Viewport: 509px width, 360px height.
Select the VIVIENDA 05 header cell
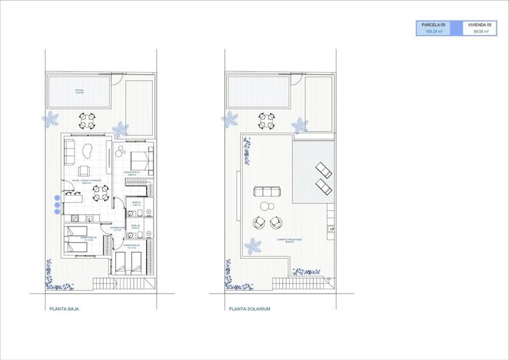tap(480, 24)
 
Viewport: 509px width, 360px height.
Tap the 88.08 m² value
tap(480, 31)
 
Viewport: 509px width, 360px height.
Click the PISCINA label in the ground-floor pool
tap(79, 91)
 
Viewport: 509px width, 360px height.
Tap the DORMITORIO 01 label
tap(132, 172)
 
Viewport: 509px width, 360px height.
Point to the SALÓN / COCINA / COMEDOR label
tap(87, 182)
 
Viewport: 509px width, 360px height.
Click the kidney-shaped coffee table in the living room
tap(89, 154)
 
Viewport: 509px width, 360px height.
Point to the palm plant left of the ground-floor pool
tap(51, 119)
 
